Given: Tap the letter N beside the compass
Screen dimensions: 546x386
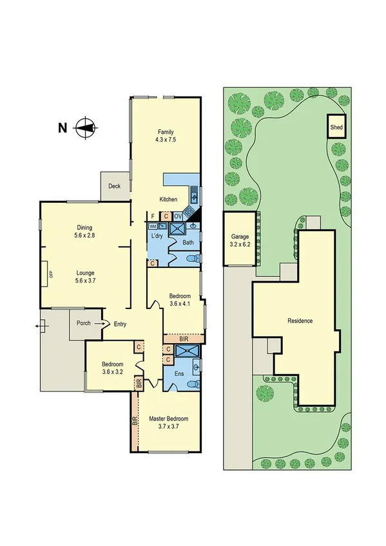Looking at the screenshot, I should click(x=63, y=127).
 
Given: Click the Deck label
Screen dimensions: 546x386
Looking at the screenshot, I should click(x=114, y=186).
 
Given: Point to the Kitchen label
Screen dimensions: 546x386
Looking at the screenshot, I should click(x=168, y=200).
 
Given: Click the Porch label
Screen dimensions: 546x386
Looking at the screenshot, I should click(x=83, y=323).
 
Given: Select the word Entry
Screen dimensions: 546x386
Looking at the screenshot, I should click(x=120, y=324).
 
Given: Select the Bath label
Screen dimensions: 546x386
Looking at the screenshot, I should click(x=188, y=243).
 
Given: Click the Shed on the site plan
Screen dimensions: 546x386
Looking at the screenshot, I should click(x=336, y=127).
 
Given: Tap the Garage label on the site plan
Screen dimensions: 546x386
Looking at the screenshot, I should click(x=239, y=241).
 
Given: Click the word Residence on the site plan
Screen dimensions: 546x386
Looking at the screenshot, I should click(x=300, y=321).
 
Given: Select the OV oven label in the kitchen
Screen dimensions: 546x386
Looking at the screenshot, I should click(x=178, y=216).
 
